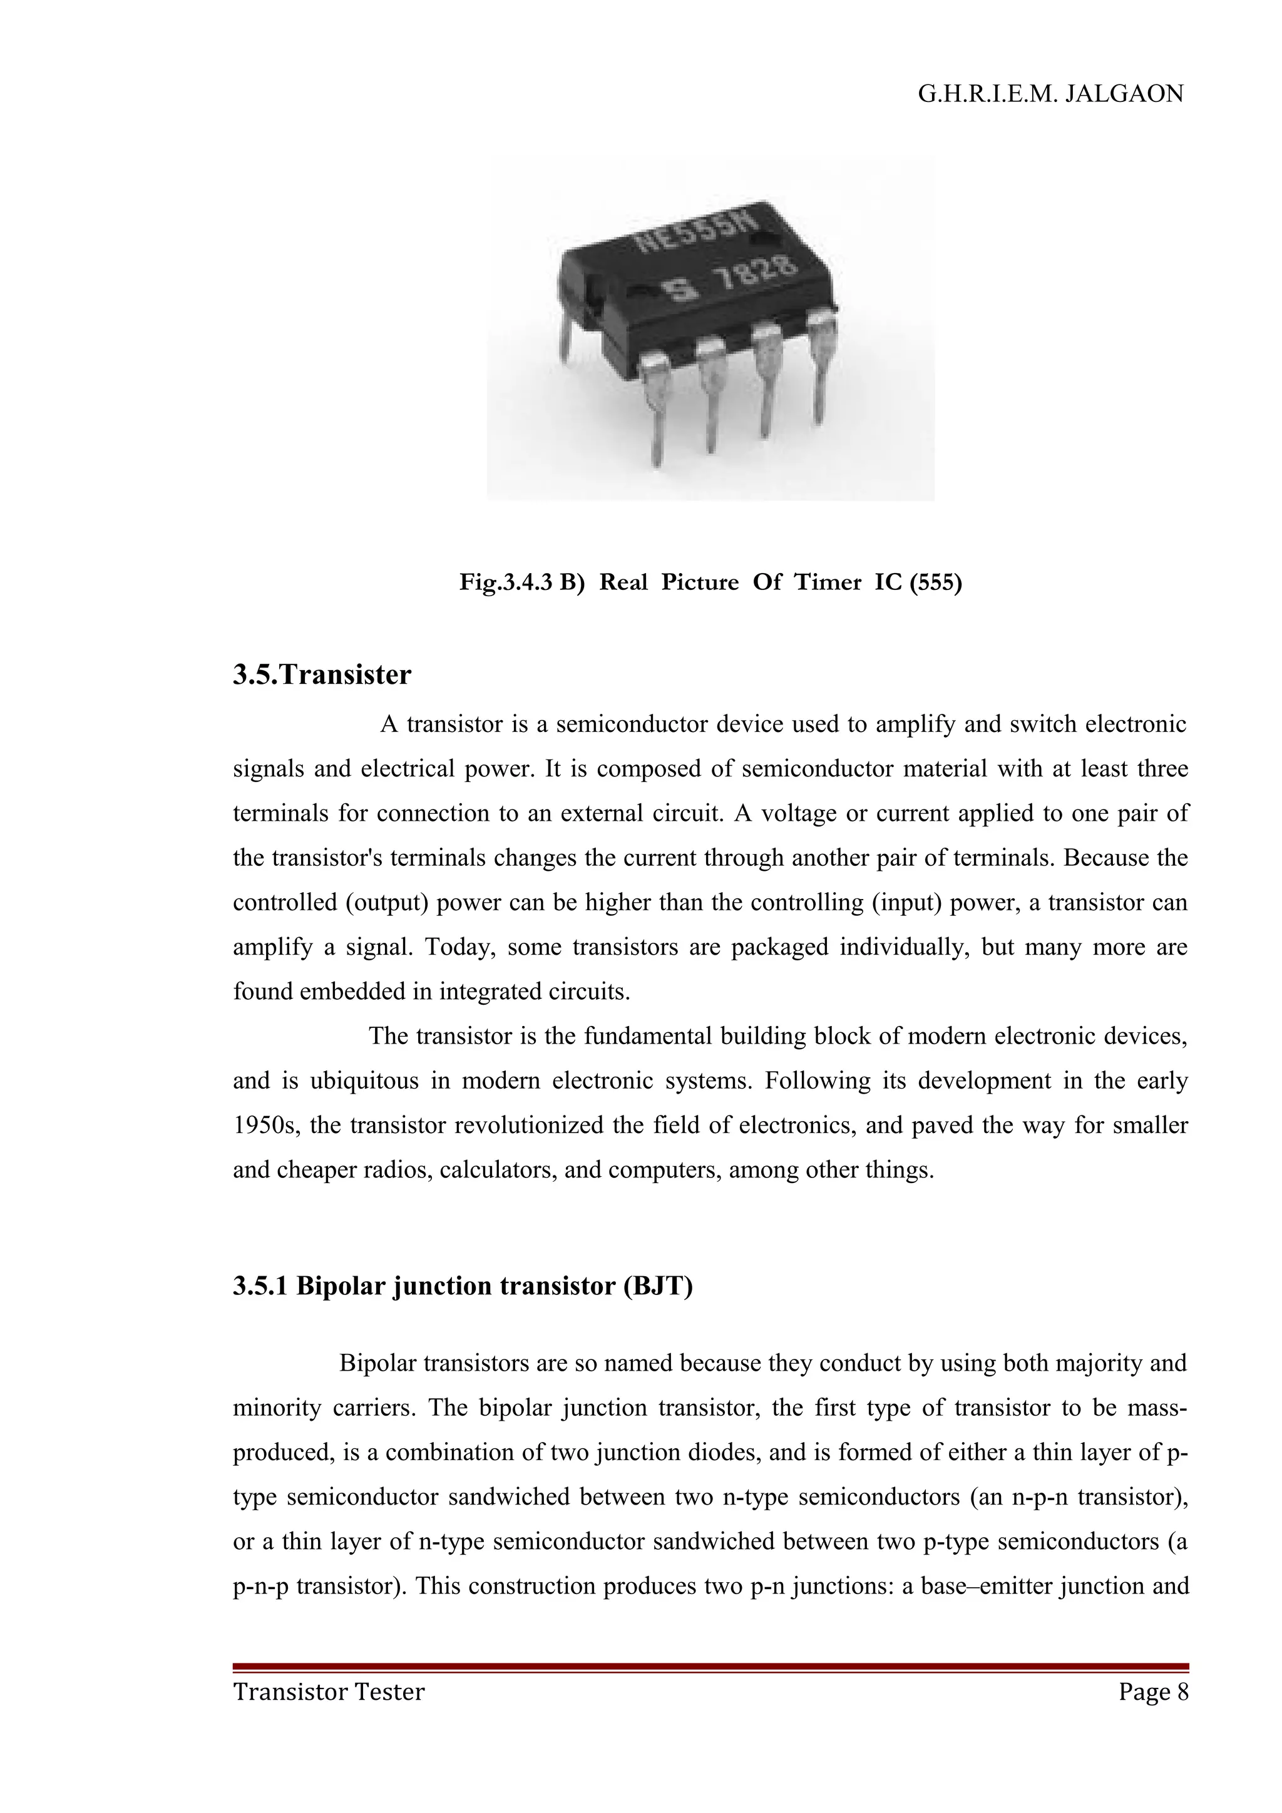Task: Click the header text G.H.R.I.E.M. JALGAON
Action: [x=1050, y=94]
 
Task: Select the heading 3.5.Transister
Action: [x=322, y=675]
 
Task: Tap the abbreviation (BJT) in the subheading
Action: [x=657, y=1286]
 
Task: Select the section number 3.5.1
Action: [x=262, y=1286]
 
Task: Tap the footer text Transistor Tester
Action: [x=329, y=1692]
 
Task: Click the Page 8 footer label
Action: [x=1152, y=1692]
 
